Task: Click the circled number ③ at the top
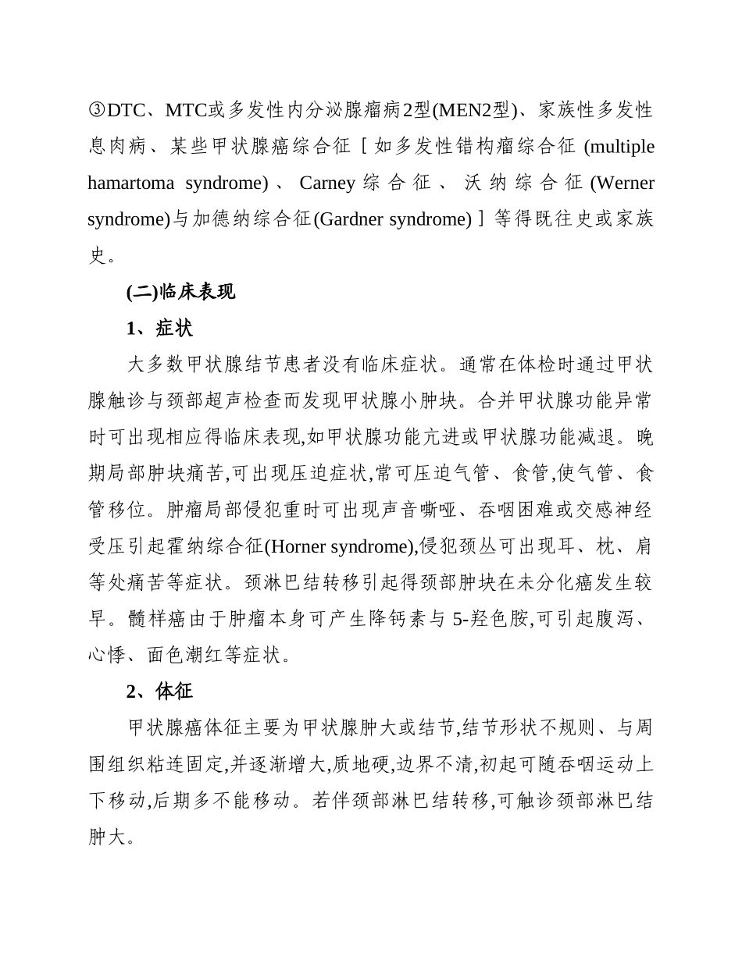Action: tap(97, 110)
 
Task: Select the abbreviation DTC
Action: tap(124, 110)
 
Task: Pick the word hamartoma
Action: tap(134, 183)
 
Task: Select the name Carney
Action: tap(327, 183)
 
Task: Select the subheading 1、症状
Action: tap(159, 329)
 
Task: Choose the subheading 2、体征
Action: tap(159, 692)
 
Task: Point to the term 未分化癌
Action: tap(508, 583)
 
